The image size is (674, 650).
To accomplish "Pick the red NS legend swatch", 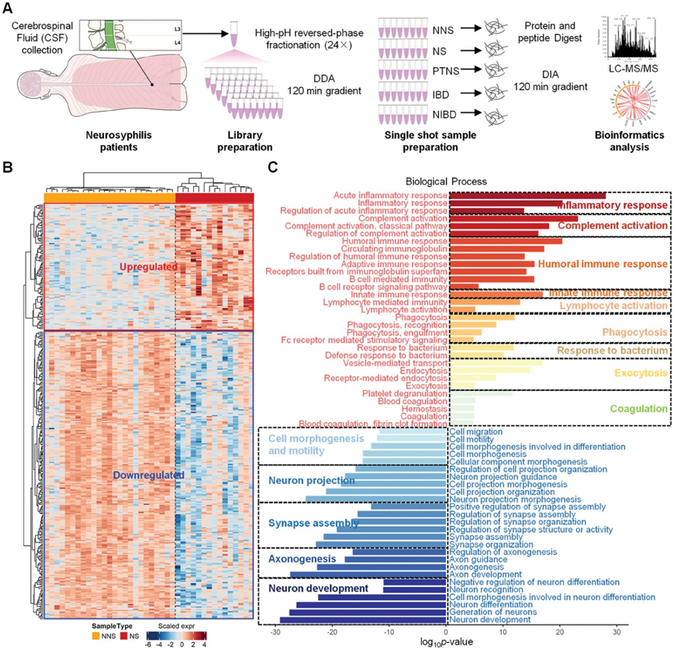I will (132, 634).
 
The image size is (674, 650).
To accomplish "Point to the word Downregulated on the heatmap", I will (147, 475).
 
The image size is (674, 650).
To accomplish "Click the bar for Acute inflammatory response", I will (527, 195).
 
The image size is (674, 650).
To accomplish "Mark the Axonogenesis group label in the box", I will (302, 558).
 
